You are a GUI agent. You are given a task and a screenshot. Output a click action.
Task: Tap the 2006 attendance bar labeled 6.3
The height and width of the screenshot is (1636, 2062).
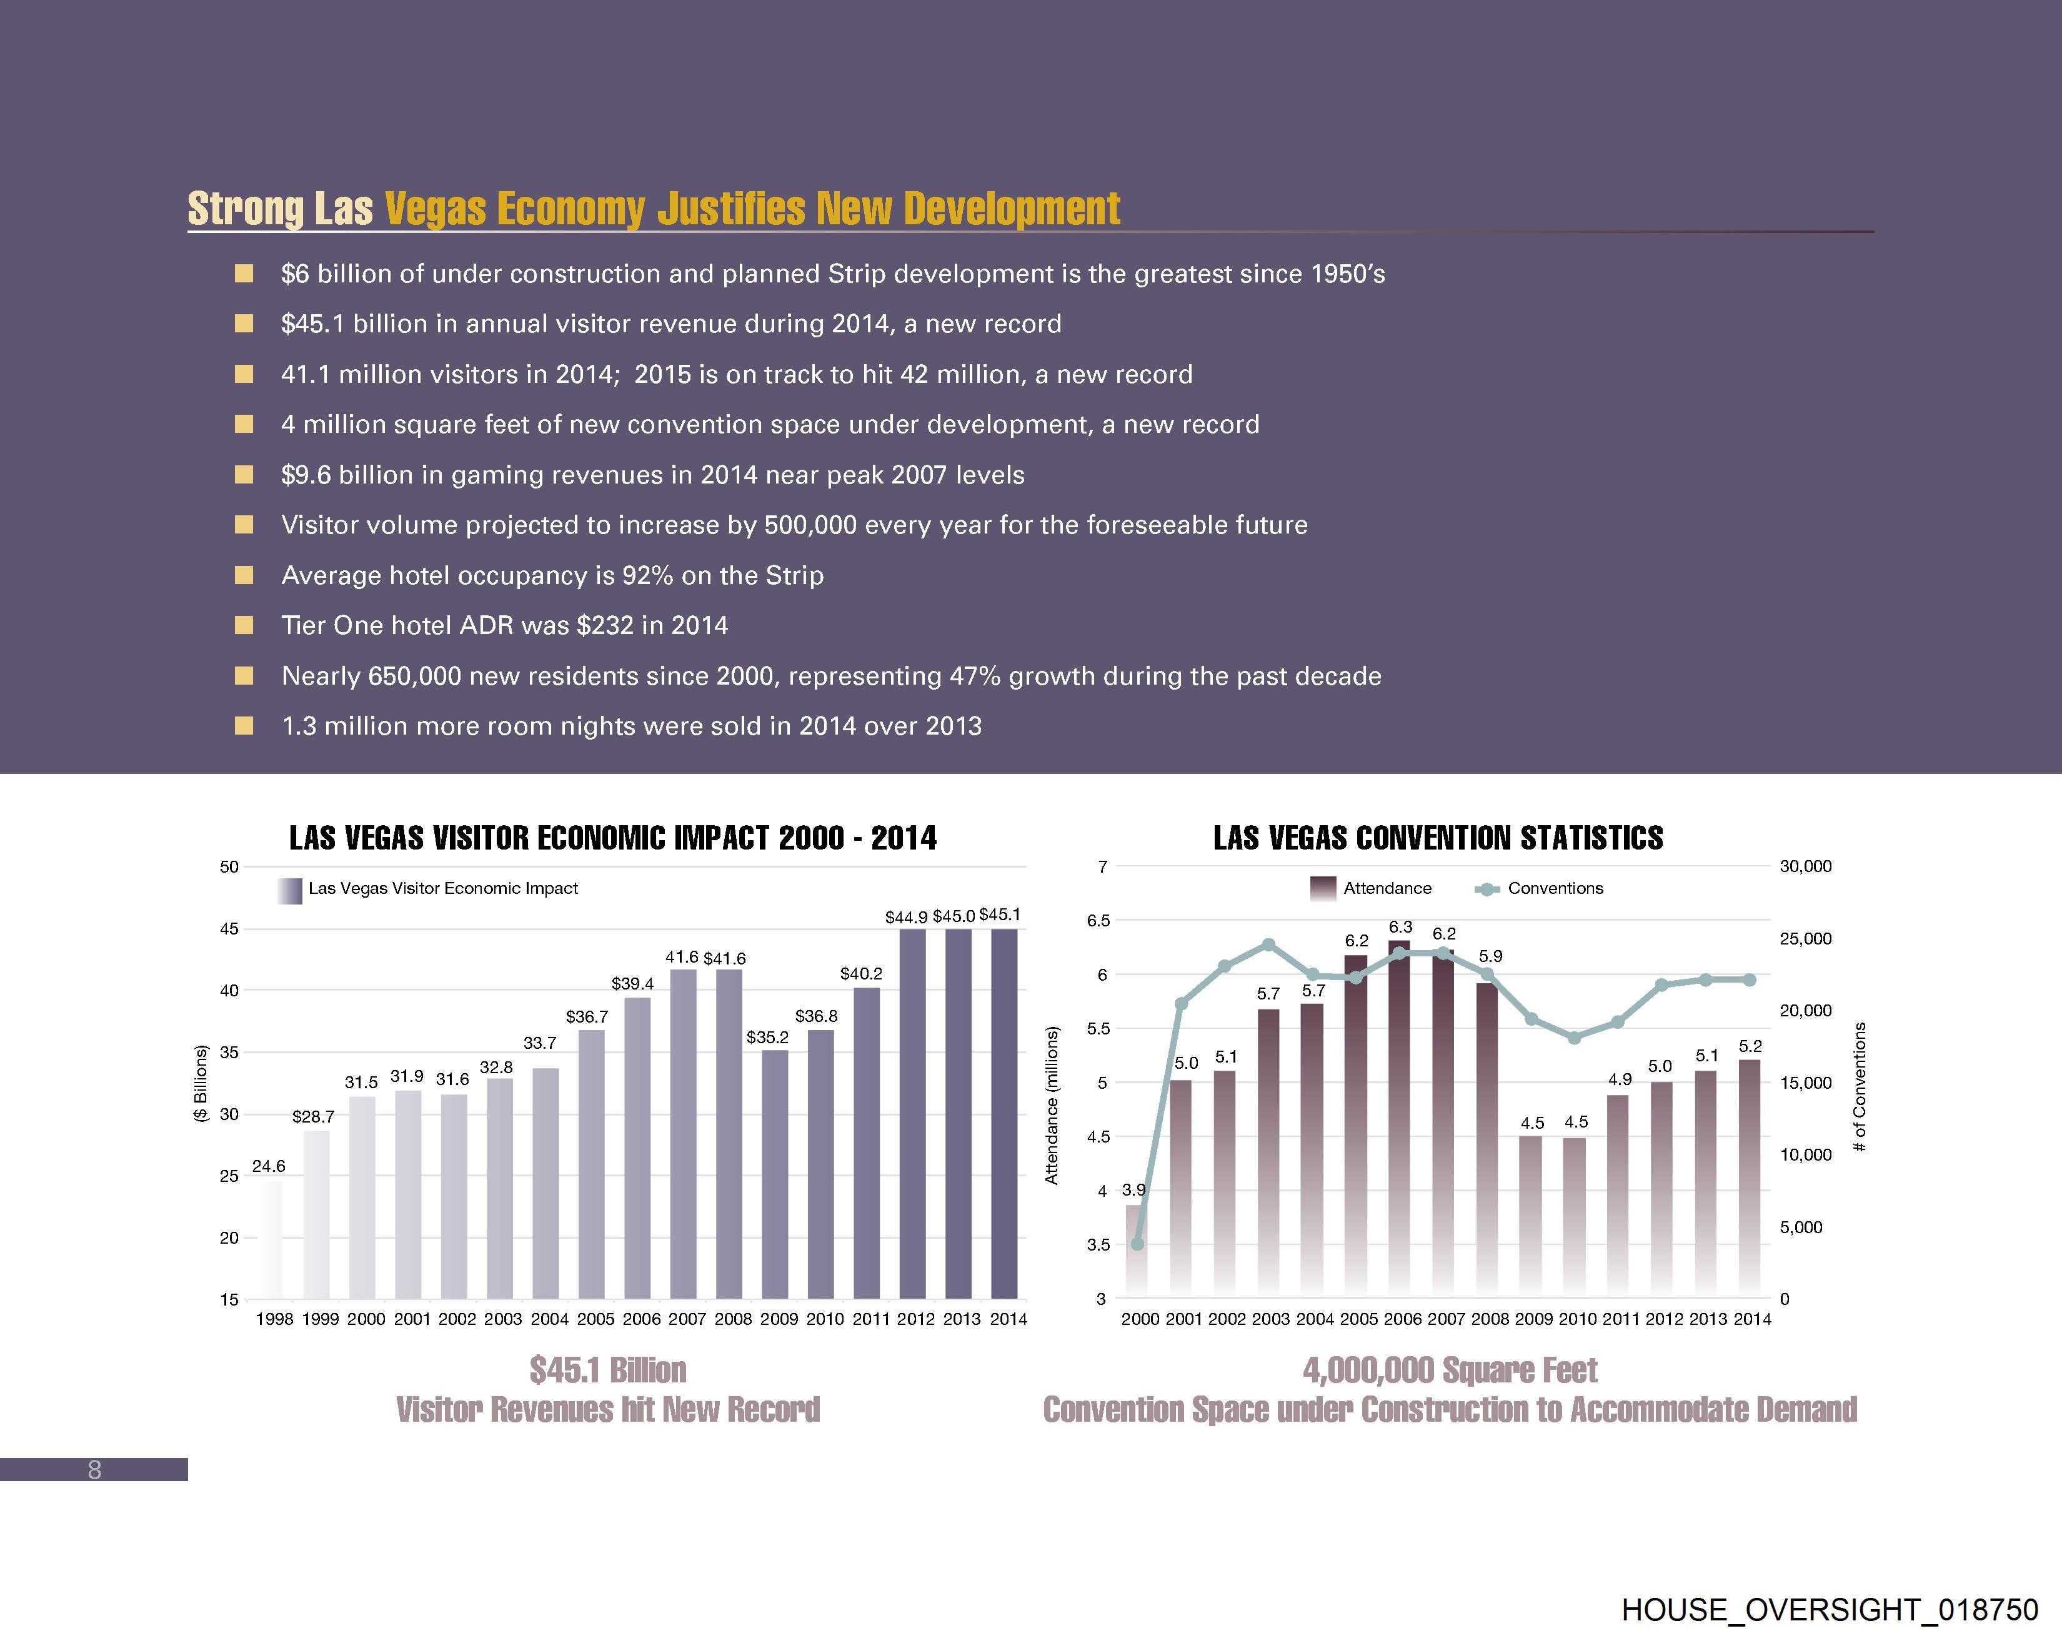(x=1399, y=1119)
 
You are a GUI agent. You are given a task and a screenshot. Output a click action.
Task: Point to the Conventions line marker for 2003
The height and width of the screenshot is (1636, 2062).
(x=1268, y=944)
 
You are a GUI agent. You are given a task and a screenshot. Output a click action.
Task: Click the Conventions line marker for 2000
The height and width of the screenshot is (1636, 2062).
(x=1137, y=1244)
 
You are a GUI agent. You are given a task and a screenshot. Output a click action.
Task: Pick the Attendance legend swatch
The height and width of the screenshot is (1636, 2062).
(x=1323, y=888)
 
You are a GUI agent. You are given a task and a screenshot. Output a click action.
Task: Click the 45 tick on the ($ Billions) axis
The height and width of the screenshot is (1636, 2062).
(x=229, y=928)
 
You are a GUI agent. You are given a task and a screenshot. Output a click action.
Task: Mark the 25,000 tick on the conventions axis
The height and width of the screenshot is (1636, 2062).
(x=1805, y=938)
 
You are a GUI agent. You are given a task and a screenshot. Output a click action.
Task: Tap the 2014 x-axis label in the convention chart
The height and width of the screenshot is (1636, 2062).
(x=1752, y=1319)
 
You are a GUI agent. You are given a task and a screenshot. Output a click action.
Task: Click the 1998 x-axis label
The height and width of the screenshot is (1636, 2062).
(x=274, y=1319)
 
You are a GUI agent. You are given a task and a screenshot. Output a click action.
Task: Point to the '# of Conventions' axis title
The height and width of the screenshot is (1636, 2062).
(x=1860, y=1086)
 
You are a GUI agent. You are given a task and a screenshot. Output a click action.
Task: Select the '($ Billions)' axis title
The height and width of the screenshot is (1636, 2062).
(x=201, y=1083)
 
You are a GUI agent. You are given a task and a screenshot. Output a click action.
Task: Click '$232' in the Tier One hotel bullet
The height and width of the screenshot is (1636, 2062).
(x=604, y=625)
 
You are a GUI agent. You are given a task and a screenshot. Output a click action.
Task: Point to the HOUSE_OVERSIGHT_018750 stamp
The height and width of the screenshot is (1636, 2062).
(x=1830, y=1609)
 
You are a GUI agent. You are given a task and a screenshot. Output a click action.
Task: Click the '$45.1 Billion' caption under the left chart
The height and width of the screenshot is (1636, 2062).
(x=608, y=1369)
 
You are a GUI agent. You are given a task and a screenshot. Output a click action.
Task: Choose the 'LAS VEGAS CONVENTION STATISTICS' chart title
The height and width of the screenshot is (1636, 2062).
(x=1438, y=838)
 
